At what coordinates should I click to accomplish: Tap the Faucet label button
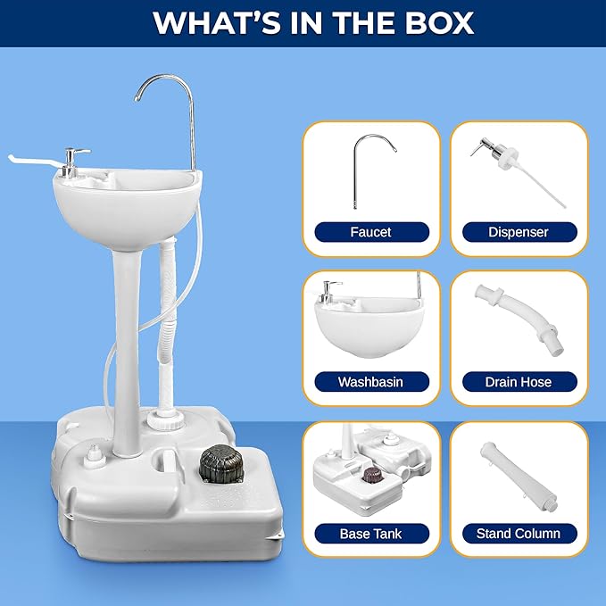pos(370,232)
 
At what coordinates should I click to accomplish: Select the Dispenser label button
pos(519,232)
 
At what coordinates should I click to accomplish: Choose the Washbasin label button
pos(370,382)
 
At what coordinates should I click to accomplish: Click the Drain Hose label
pos(519,382)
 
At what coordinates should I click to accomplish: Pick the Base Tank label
pos(370,534)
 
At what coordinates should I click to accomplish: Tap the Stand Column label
pos(519,534)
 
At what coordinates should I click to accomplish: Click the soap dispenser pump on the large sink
pos(78,160)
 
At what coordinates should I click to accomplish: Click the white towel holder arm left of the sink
pos(31,162)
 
